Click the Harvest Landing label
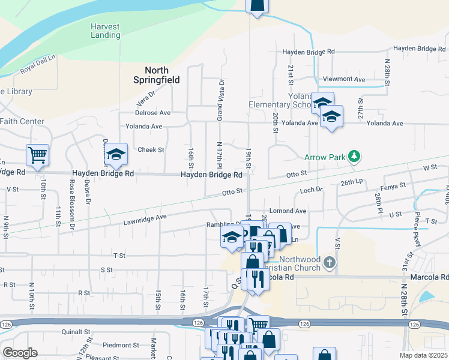[x=106, y=31]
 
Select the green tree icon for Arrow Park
[x=355, y=157]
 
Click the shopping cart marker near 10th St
[x=37, y=155]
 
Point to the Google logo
[x=20, y=353]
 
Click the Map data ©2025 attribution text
[x=424, y=355]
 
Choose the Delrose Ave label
[x=152, y=113]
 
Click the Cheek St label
[x=151, y=150]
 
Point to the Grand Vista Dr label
[x=220, y=100]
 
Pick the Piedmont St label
[x=121, y=345]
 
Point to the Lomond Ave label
[x=288, y=211]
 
